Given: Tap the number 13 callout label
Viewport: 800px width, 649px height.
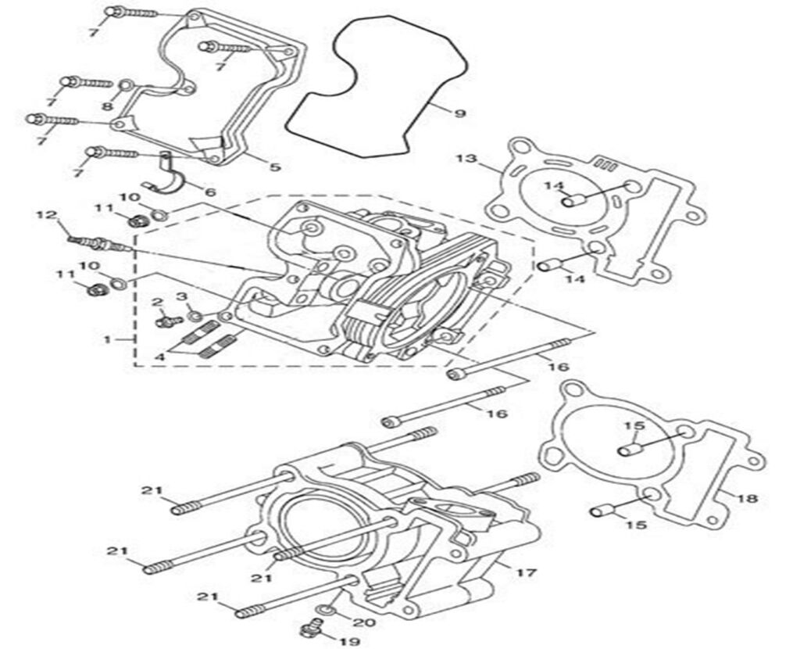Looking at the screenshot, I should [x=466, y=160].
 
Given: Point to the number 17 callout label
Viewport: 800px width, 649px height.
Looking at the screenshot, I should [x=527, y=573].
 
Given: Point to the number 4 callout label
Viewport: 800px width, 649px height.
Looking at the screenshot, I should [x=159, y=357].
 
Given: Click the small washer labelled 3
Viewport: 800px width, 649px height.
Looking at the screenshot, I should [x=195, y=315].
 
